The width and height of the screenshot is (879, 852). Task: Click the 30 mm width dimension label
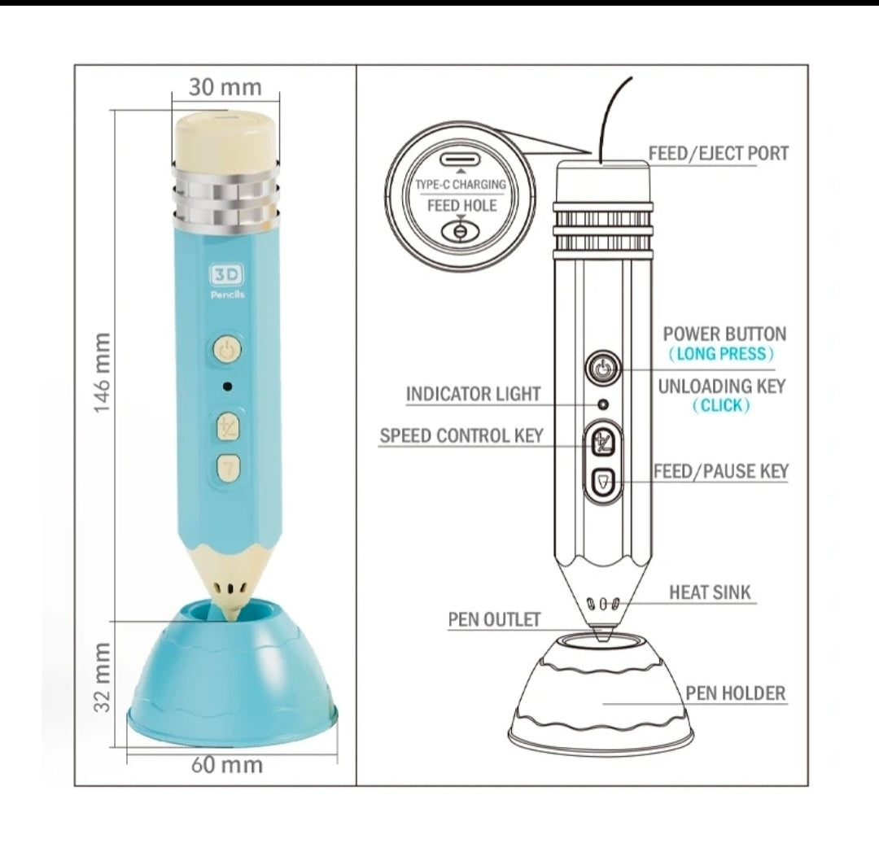pyautogui.click(x=225, y=87)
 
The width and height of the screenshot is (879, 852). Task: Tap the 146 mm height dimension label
pyautogui.click(x=102, y=373)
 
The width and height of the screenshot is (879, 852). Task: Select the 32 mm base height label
pyautogui.click(x=102, y=677)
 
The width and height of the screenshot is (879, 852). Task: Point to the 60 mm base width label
pyautogui.click(x=227, y=765)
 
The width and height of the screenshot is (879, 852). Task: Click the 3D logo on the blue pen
pyautogui.click(x=228, y=274)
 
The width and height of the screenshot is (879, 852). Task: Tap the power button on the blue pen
pyautogui.click(x=227, y=350)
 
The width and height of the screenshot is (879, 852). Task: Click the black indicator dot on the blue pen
pyautogui.click(x=228, y=387)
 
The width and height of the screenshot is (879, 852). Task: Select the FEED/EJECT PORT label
pyautogui.click(x=719, y=153)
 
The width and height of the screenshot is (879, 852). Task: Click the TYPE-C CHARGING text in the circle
pyautogui.click(x=460, y=185)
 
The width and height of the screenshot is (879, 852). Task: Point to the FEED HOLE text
pyautogui.click(x=462, y=206)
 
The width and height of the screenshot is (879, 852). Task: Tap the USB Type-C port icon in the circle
pyautogui.click(x=461, y=159)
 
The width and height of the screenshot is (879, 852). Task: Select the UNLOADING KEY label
pyautogui.click(x=722, y=387)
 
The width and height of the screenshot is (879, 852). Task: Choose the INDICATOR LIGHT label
pyautogui.click(x=473, y=394)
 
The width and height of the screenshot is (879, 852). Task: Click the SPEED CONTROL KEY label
pyautogui.click(x=461, y=435)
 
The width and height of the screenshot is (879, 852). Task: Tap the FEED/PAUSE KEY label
pyautogui.click(x=721, y=471)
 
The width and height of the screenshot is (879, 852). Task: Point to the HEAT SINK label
pyautogui.click(x=710, y=592)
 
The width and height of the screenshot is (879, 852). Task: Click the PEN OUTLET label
pyautogui.click(x=495, y=619)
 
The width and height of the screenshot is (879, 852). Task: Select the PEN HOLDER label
pyautogui.click(x=736, y=693)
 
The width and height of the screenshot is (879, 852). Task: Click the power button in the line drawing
pyautogui.click(x=603, y=369)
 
